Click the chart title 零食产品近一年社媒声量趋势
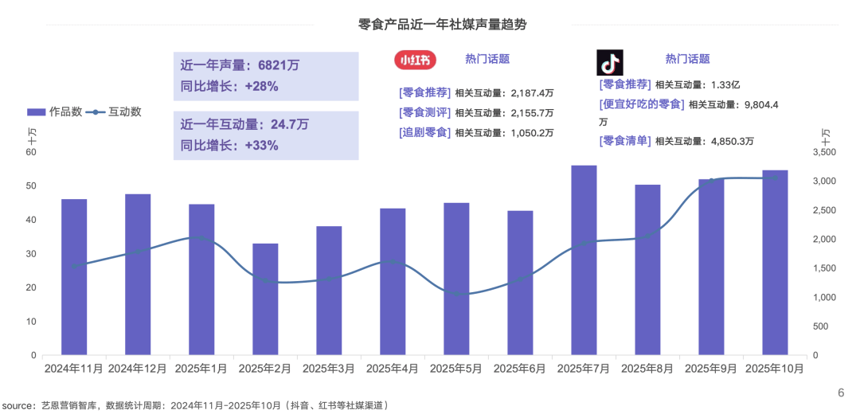tap(442, 25)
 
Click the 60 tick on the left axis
tap(31, 152)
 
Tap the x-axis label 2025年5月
tap(456, 369)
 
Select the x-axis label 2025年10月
tap(775, 369)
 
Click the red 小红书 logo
tap(416, 60)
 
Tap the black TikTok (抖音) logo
tap(610, 62)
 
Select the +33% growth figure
tap(261, 145)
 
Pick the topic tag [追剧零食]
tap(424, 132)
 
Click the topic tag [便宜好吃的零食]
tap(641, 104)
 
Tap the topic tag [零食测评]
tap(424, 112)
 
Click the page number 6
tap(840, 393)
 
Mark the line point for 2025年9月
tap(711, 182)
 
